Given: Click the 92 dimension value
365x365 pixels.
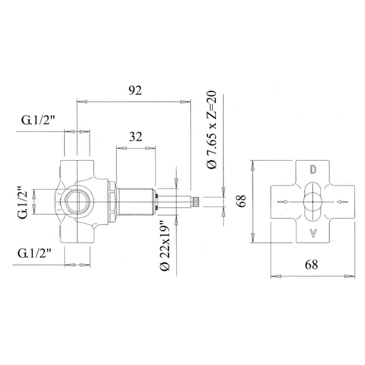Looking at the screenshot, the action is (135, 91).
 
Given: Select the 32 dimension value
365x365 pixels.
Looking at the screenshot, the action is (136, 137).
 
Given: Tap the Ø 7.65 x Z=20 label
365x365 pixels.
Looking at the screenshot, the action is (212, 130).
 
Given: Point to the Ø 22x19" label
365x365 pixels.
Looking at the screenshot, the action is (165, 246).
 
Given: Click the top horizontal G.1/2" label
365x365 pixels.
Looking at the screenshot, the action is (38, 120).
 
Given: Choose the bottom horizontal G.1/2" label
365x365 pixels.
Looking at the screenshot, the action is (34, 253).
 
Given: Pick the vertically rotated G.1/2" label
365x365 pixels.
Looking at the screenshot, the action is (23, 202).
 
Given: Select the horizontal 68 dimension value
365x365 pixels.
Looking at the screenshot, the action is (311, 265).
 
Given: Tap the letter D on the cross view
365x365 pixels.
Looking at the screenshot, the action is (313, 169).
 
